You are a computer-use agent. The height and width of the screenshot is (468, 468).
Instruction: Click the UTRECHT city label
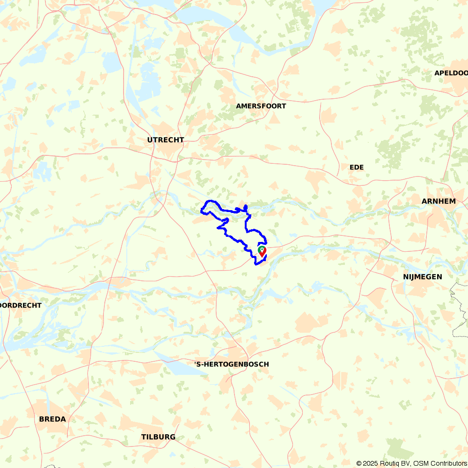coord(166,140)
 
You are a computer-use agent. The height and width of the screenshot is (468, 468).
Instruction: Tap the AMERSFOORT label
coord(261,106)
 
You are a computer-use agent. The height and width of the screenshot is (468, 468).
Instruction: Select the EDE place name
coord(356,168)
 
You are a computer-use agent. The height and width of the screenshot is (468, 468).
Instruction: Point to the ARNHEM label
coord(439,201)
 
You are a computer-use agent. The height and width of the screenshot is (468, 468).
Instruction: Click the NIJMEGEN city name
coord(422,277)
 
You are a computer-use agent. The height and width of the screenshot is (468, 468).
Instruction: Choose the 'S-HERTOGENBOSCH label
coord(232,364)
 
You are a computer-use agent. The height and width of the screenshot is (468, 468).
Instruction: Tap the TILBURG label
coord(158,437)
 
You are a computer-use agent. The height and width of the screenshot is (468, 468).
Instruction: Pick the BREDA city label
coord(52,419)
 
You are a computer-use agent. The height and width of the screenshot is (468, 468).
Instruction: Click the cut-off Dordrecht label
coord(21,305)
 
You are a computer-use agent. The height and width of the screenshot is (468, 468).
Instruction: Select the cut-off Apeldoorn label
coord(451,73)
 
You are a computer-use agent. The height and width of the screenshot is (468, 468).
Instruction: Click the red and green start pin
coord(262,251)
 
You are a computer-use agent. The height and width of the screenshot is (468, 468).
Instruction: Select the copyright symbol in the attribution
coord(359,463)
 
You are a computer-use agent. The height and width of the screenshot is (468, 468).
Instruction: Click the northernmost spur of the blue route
coord(246,206)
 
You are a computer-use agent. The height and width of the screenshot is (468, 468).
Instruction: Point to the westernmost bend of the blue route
coord(201,212)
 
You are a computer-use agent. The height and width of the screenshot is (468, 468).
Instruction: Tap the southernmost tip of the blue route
coord(256,264)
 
